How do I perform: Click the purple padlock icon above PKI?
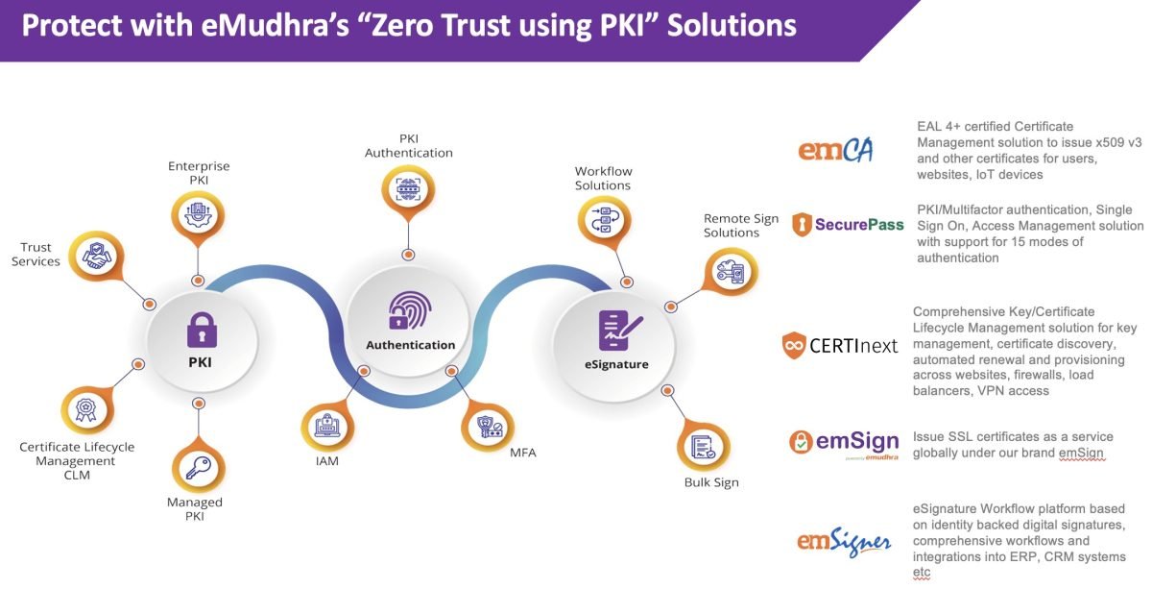[x=202, y=330]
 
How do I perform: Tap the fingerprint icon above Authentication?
[x=409, y=310]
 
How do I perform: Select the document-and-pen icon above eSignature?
[x=619, y=330]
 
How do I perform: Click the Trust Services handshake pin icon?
[x=97, y=256]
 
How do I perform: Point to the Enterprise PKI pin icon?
[x=198, y=215]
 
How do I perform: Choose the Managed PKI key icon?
[x=199, y=467]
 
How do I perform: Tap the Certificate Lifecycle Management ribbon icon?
[x=86, y=409]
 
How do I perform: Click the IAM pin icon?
[x=327, y=426]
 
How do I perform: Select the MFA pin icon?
[x=488, y=427]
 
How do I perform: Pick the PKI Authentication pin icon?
[x=408, y=189]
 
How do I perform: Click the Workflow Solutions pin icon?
[x=604, y=221]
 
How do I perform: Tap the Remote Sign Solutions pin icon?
[x=731, y=271]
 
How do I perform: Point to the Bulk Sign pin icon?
[x=703, y=446]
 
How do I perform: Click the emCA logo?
[x=836, y=150]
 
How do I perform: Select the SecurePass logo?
[x=848, y=225]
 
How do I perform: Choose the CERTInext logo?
[x=840, y=345]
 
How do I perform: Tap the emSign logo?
[x=845, y=444]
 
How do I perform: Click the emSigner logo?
[x=844, y=542]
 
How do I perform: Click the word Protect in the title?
[x=72, y=26]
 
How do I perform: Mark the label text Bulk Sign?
[x=711, y=482]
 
